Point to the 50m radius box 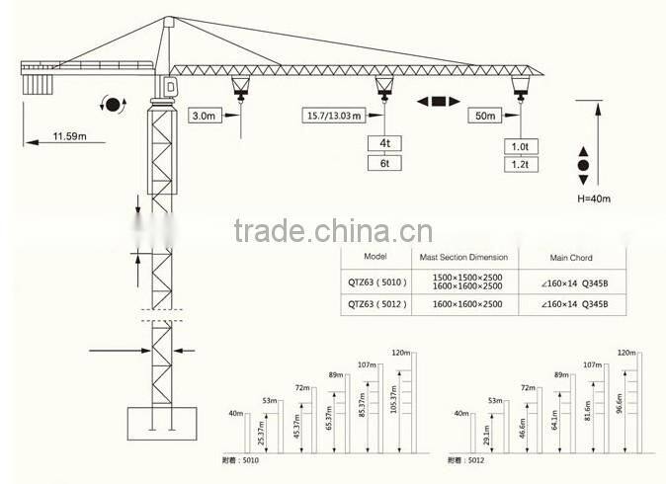pyautogui.click(x=485, y=116)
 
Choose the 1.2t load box pyautogui.click(x=519, y=165)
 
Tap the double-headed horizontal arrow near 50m pyautogui.click(x=438, y=101)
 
